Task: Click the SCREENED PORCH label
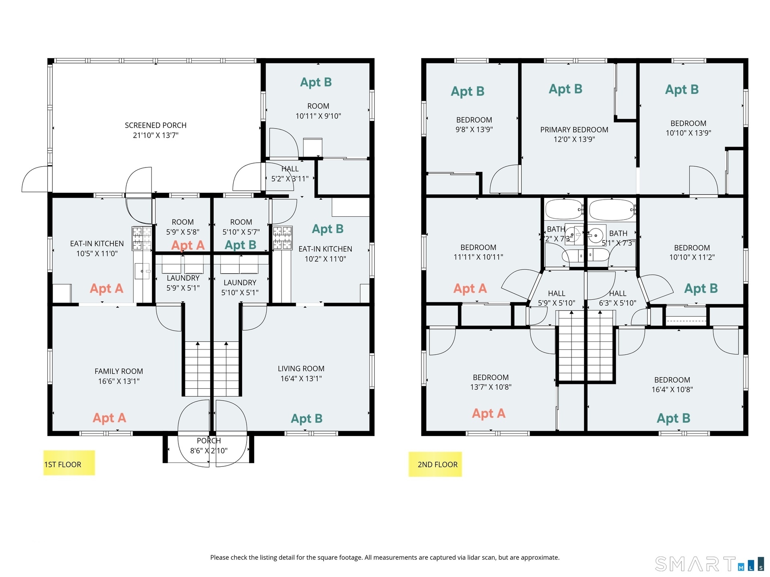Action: point(156,125)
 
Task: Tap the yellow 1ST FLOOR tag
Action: point(69,463)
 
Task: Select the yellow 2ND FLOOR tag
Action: point(435,464)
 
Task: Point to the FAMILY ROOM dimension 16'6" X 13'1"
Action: point(119,381)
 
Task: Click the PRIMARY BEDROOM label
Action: point(574,129)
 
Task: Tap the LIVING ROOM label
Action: point(301,368)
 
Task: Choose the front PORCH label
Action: point(209,441)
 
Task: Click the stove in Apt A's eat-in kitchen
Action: point(142,238)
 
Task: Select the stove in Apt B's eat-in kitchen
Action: point(282,238)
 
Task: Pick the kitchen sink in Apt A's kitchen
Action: point(142,271)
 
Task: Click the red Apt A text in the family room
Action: point(109,418)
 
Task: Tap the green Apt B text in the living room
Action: point(307,419)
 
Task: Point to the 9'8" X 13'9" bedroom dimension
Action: point(474,129)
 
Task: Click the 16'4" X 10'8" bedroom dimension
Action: point(672,389)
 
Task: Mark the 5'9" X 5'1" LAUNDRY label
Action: point(183,283)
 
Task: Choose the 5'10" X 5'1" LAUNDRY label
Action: point(240,288)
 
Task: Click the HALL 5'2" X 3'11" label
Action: point(290,174)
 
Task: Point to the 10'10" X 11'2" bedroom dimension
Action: point(692,257)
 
